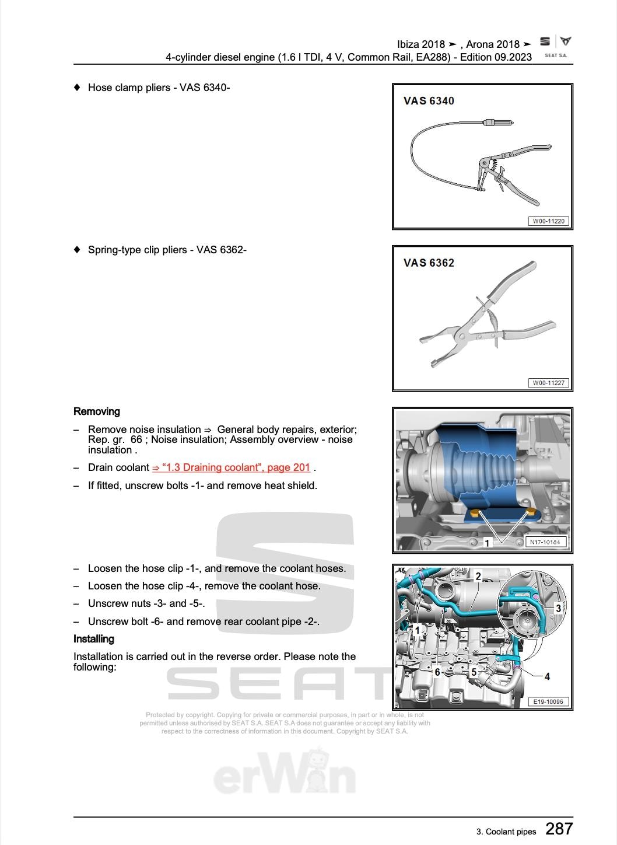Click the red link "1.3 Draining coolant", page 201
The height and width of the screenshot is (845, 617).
point(231,467)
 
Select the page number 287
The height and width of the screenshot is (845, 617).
point(559,829)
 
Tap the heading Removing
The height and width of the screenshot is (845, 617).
point(97,411)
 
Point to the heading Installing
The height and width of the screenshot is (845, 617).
point(94,639)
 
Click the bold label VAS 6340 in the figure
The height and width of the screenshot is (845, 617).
point(429,101)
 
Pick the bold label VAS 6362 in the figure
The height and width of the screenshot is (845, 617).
point(429,263)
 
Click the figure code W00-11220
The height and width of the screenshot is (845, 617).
point(549,221)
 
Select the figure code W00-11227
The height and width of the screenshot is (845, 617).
point(549,383)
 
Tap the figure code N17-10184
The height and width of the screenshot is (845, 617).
point(545,542)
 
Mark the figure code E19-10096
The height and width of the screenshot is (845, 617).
point(548,701)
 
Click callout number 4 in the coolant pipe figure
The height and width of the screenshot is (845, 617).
point(547,676)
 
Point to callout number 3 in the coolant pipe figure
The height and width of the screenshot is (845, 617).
point(558,609)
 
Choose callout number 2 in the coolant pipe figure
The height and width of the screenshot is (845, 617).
point(478,577)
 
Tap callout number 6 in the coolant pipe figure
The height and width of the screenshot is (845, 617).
point(437,672)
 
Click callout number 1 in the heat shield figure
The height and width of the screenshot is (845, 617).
point(488,543)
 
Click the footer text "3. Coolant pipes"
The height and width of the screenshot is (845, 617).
point(506,832)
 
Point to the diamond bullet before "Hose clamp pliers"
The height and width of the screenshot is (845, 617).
point(77,88)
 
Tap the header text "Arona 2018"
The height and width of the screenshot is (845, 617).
point(493,44)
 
